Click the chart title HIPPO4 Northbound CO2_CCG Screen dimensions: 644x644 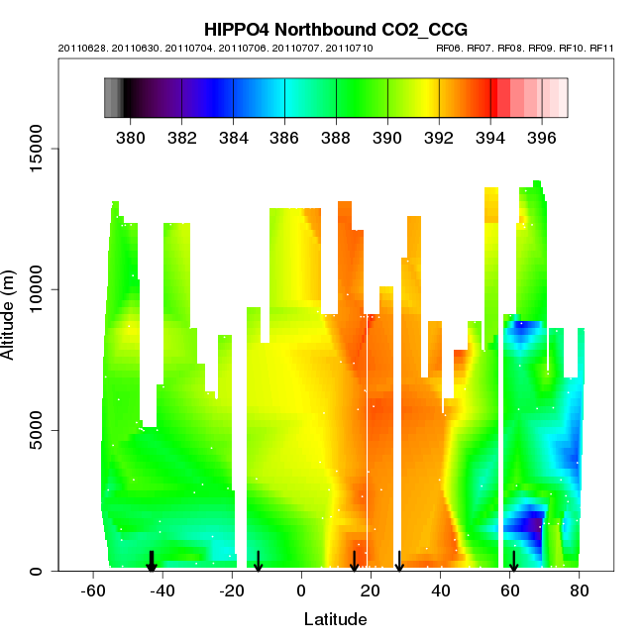(336, 30)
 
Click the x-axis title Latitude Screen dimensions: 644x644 (335, 619)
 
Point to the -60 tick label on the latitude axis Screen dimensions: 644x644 (93, 590)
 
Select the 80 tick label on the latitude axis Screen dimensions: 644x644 (580, 590)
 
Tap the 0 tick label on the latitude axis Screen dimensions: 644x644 (301, 590)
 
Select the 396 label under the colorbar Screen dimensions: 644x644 (541, 135)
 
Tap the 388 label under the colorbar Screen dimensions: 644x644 (336, 135)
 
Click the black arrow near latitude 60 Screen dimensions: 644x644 (513, 562)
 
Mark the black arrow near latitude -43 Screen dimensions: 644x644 (152, 562)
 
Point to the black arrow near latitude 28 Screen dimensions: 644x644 (399, 562)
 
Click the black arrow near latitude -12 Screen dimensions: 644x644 (258, 562)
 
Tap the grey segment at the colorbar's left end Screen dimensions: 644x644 (113, 97)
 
